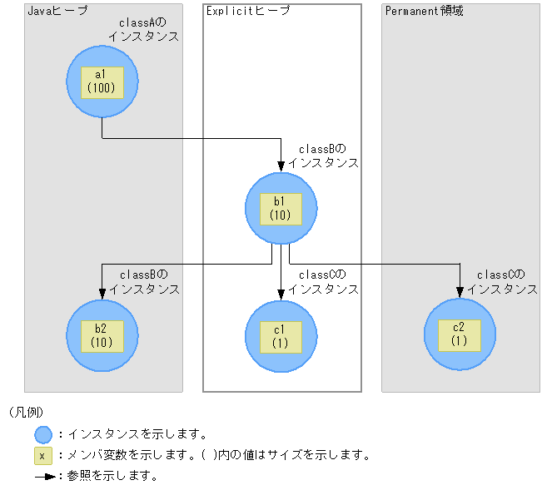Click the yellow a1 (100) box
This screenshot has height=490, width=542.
[102, 82]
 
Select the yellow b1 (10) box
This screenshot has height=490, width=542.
[281, 208]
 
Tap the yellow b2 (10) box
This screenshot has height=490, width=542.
[102, 334]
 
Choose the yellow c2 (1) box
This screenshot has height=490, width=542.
[460, 334]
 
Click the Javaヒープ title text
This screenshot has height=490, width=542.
[57, 11]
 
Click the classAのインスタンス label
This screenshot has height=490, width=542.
[143, 31]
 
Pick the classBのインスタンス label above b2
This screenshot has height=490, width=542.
[144, 282]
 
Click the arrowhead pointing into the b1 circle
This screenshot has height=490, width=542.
[281, 167]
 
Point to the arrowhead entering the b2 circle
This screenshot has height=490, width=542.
[102, 293]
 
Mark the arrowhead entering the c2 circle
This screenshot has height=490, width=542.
[460, 293]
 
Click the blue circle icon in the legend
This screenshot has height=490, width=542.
[43, 434]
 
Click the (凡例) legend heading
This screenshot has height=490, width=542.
[26, 413]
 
